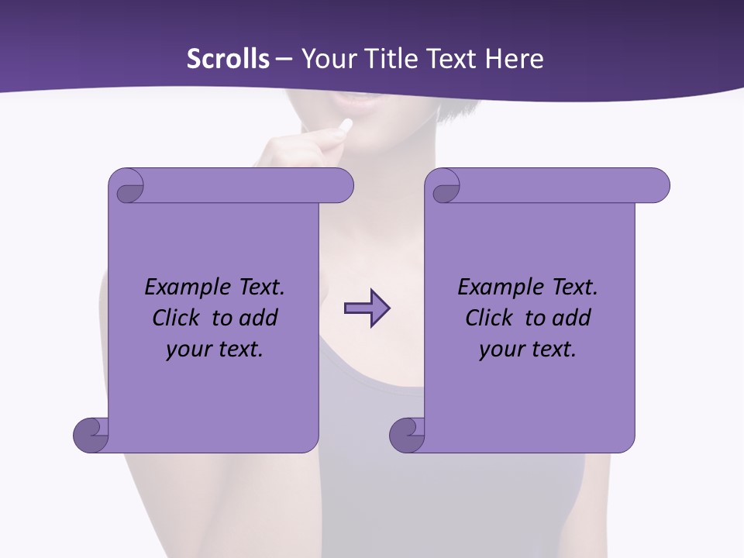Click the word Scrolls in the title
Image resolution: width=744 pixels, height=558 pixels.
coord(228,58)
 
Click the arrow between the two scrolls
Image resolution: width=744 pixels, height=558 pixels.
coord(367,308)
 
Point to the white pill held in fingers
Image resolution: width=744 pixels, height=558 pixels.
coord(346,125)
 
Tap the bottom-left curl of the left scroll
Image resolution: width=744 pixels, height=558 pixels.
coord(91,435)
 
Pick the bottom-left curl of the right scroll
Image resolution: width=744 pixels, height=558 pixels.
coord(408,435)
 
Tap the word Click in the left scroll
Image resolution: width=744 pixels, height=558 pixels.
coord(176,318)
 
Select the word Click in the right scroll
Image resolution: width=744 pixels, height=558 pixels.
coord(489,318)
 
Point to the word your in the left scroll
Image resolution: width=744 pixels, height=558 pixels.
coord(187,350)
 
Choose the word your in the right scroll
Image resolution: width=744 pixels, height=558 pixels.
coord(500,350)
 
